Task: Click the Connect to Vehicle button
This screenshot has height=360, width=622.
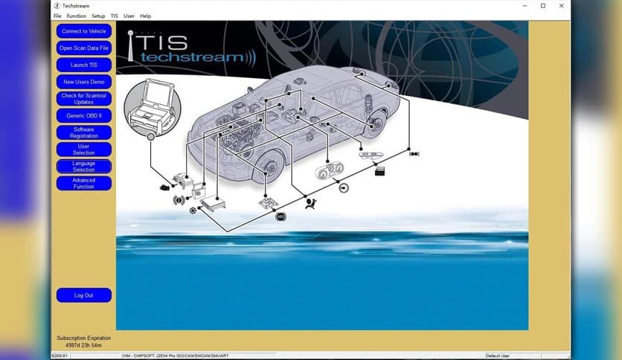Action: click(x=83, y=31)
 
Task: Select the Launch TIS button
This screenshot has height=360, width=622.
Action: click(x=83, y=65)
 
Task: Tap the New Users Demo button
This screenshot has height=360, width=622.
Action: click(x=83, y=82)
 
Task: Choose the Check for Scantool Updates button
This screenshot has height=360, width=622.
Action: click(x=83, y=99)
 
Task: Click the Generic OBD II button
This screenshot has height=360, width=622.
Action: click(x=83, y=116)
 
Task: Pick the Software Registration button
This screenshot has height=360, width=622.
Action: click(x=83, y=132)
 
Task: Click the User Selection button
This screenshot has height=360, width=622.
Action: click(x=83, y=150)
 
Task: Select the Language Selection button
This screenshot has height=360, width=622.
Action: click(x=83, y=167)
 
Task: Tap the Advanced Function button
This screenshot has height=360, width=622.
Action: click(x=83, y=183)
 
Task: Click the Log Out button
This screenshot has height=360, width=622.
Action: click(x=83, y=295)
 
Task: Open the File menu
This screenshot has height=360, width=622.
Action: click(x=57, y=16)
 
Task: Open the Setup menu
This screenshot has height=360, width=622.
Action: click(x=98, y=16)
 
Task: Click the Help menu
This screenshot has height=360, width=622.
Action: click(x=145, y=16)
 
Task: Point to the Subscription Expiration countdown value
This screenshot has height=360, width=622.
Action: click(x=83, y=344)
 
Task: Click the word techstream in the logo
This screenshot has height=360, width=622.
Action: click(x=192, y=57)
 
